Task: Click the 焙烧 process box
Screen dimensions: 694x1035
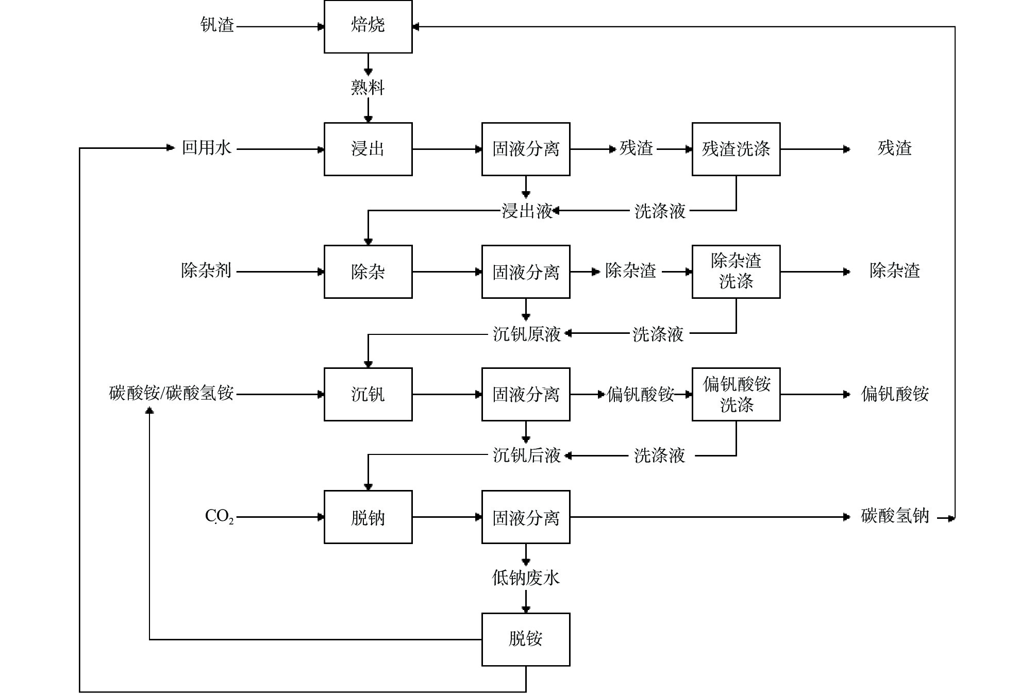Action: click(x=368, y=26)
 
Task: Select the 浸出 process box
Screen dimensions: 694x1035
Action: click(x=368, y=149)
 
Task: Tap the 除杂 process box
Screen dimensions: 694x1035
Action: click(x=368, y=272)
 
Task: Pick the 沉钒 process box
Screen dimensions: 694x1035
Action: click(x=368, y=394)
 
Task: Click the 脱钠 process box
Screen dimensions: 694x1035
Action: click(x=368, y=517)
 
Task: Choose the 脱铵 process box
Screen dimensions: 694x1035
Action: click(x=526, y=639)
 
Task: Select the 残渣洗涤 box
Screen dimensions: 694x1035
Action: click(x=736, y=149)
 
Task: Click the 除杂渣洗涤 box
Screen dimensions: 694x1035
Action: click(x=736, y=272)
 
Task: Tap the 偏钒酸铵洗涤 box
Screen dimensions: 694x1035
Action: click(x=736, y=394)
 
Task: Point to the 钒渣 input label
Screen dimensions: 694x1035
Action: click(x=217, y=25)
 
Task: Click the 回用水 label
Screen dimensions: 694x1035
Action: click(x=207, y=148)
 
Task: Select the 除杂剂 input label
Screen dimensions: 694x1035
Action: click(x=206, y=270)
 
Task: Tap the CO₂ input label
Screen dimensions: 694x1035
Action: click(x=219, y=516)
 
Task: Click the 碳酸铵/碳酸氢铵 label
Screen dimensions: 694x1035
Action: click(x=172, y=393)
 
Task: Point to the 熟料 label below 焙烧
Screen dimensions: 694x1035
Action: click(x=368, y=88)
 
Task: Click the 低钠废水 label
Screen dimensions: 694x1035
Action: click(x=526, y=578)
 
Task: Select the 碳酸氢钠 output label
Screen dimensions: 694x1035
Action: click(x=895, y=516)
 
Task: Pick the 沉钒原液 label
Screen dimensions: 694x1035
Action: click(x=527, y=334)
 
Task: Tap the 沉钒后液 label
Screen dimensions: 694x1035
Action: click(x=527, y=455)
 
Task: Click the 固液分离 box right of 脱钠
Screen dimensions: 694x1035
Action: click(x=526, y=517)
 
